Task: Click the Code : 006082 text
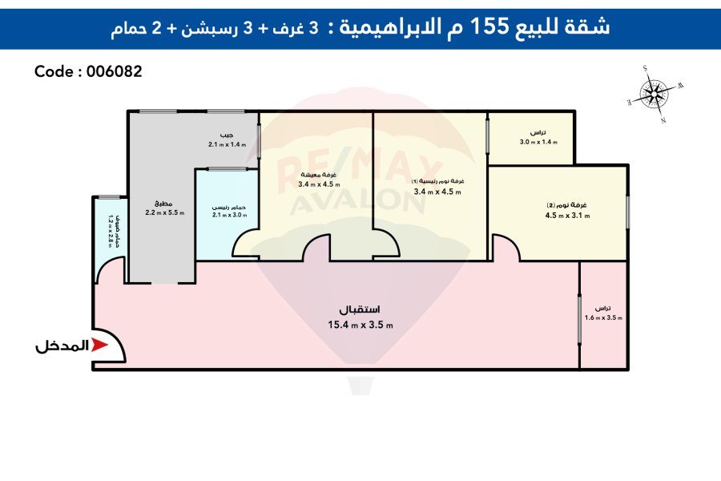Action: (x=88, y=71)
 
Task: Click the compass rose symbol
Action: (x=655, y=94)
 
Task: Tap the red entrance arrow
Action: (x=99, y=346)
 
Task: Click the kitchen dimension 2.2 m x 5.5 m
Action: (x=164, y=212)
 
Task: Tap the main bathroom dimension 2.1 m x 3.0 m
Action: (x=228, y=215)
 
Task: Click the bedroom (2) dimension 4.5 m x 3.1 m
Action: (x=567, y=215)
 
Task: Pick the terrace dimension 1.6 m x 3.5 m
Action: (x=603, y=318)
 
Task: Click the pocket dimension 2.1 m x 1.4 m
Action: (x=228, y=144)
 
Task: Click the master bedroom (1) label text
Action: (x=438, y=182)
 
